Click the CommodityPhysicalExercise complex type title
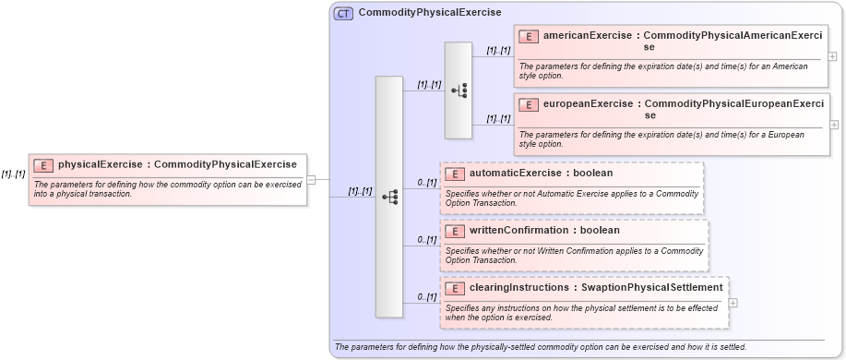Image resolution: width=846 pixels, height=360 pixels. pyautogui.click(x=429, y=13)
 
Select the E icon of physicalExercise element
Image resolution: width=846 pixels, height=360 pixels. pyautogui.click(x=43, y=165)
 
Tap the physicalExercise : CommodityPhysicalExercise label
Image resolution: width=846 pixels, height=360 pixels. pyautogui.click(x=177, y=165)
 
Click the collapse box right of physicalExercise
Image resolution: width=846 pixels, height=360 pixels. pyautogui.click(x=311, y=179)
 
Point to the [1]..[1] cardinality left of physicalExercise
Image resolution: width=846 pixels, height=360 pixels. pyautogui.click(x=13, y=174)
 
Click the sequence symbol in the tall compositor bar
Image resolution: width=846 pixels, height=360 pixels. pyautogui.click(x=389, y=197)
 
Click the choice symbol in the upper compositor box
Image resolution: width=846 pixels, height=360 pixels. pyautogui.click(x=459, y=90)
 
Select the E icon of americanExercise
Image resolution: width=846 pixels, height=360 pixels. pyautogui.click(x=529, y=36)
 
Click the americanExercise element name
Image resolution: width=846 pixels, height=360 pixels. pyautogui.click(x=588, y=36)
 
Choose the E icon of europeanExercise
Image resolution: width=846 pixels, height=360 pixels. pyautogui.click(x=529, y=104)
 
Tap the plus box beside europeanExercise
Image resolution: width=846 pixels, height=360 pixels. pyautogui.click(x=834, y=125)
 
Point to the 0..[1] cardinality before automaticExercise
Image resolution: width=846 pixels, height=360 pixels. pyautogui.click(x=426, y=183)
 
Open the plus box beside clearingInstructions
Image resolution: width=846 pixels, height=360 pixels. pyautogui.click(x=733, y=302)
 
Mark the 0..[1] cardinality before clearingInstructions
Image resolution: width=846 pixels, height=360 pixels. pyautogui.click(x=426, y=297)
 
